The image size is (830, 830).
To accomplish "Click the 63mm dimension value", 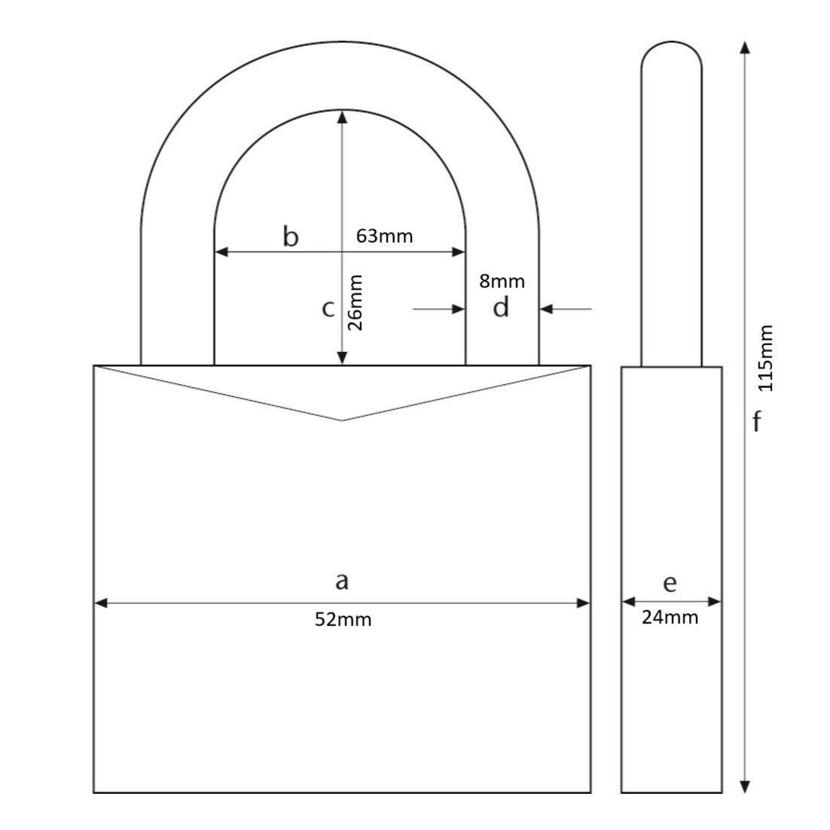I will pos(384,236).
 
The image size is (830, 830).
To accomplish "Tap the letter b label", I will pos(291,236).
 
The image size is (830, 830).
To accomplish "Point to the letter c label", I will pos(328,309).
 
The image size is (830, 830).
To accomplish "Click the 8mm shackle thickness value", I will pos(502,282).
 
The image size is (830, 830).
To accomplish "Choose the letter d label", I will pos(502,308).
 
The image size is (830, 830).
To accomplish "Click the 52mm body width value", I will pos(343,620).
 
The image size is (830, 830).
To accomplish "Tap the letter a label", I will pos(342,581).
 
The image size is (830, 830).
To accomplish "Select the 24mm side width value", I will pos(670,618).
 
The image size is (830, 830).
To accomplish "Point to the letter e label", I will pos(670,583).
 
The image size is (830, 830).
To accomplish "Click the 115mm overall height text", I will pos(765,358).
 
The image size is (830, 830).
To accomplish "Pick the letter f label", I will pos(757,423).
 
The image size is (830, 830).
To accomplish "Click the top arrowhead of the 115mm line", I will pos(745,48).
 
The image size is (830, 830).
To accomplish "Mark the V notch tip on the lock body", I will pos(343,420).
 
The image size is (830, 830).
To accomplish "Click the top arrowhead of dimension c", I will pos(343,116).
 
